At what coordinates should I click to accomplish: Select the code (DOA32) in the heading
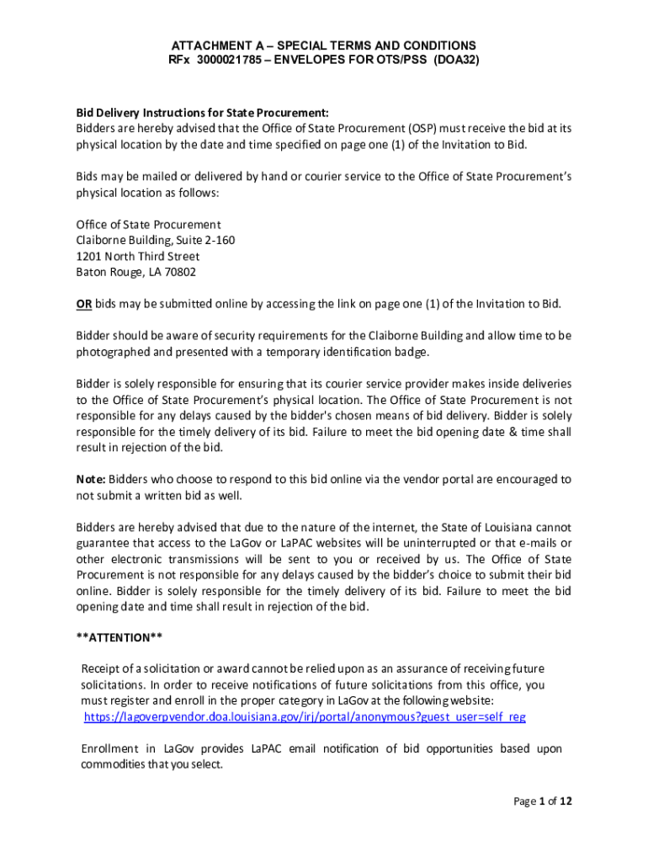pos(457,61)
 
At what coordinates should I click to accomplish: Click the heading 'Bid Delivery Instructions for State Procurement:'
pos(202,113)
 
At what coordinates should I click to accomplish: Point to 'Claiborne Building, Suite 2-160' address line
pos(156,241)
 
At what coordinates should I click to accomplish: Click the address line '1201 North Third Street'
pos(138,256)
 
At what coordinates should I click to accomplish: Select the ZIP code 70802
pos(181,272)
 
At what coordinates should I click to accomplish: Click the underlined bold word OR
pos(83,304)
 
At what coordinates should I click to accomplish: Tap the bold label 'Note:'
pos(91,479)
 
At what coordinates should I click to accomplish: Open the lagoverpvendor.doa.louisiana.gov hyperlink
pos(305,716)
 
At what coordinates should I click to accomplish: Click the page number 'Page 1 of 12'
pos(543,802)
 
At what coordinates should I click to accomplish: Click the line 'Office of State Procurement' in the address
pos(148,225)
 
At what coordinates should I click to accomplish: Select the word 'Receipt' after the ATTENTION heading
pos(101,668)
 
